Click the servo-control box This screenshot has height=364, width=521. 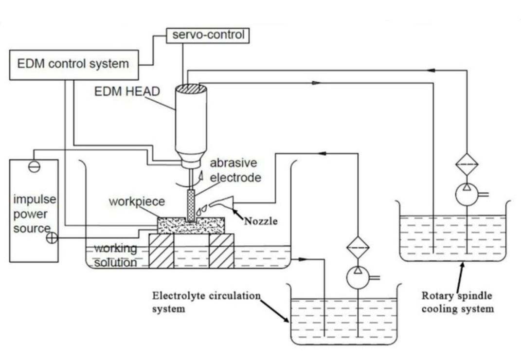(x=208, y=35)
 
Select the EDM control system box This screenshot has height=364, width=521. (x=73, y=64)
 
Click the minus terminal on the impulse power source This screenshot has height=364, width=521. (x=34, y=166)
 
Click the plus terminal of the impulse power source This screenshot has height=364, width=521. (x=52, y=238)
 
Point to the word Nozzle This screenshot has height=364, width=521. (x=261, y=221)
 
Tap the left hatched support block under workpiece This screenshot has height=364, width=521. (x=161, y=251)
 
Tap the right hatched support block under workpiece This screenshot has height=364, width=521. (x=222, y=251)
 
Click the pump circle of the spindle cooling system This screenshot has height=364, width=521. (x=467, y=194)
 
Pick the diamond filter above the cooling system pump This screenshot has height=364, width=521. (x=467, y=164)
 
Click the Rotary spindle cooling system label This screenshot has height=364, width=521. (x=457, y=302)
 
